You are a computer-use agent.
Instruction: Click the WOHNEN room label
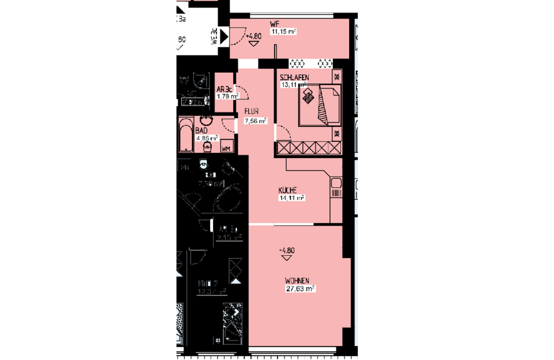coord(300,281)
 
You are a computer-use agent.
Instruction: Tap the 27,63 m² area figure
coord(300,288)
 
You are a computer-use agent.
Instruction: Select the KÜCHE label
coord(287,189)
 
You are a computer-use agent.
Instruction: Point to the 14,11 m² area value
coord(291,197)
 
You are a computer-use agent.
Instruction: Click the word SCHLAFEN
coord(294,78)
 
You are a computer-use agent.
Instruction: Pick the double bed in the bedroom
coord(319,105)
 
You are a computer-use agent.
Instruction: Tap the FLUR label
coord(252,112)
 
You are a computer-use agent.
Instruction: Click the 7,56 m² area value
coord(255,121)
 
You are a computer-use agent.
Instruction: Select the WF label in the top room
coord(275,24)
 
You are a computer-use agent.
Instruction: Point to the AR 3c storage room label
coord(224,89)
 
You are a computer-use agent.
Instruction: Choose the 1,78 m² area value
coord(227,96)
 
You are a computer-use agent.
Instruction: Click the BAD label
coord(201,131)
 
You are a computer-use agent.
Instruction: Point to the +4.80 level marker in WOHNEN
coord(287,251)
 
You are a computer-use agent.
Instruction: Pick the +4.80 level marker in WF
coord(254,36)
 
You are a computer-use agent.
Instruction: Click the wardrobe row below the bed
coord(309,148)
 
